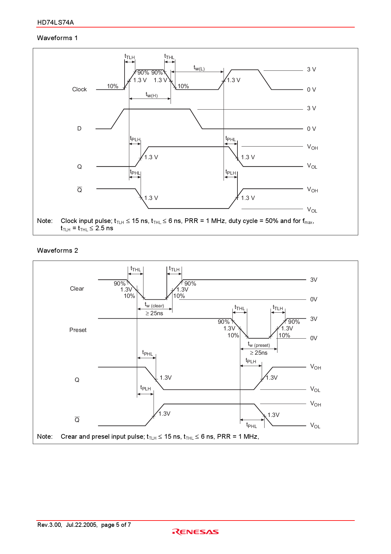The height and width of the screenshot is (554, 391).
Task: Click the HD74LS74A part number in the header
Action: pos(55,22)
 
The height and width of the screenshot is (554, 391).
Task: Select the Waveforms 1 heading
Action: pos(57,38)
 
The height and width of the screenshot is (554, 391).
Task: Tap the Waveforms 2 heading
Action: pos(57,250)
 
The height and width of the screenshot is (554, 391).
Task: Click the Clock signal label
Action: pos(79,89)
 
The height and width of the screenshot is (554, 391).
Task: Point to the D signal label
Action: pos(79,129)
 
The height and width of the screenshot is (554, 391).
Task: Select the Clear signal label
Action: pos(77,289)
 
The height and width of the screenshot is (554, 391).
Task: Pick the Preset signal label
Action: pos(78,330)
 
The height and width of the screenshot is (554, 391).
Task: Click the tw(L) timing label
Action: pos(199,68)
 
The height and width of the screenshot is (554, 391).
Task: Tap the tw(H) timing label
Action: pos(152,95)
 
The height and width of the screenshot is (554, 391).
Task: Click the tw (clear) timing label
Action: pos(154,305)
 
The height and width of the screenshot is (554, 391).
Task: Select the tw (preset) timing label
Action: pos(259,345)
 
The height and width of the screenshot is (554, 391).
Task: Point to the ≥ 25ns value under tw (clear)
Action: pos(154,313)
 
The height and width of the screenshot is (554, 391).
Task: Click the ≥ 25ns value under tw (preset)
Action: pos(259,353)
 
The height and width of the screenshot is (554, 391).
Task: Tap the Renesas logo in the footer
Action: pos(195,532)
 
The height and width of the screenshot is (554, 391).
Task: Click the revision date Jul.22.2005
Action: pos(81,525)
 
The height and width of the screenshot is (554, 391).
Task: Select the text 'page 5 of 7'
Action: pos(116,525)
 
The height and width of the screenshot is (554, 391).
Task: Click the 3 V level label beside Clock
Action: pos(311,69)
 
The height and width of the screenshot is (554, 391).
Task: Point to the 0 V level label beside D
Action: pos(311,129)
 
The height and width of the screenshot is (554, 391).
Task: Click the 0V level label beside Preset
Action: pos(313,338)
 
